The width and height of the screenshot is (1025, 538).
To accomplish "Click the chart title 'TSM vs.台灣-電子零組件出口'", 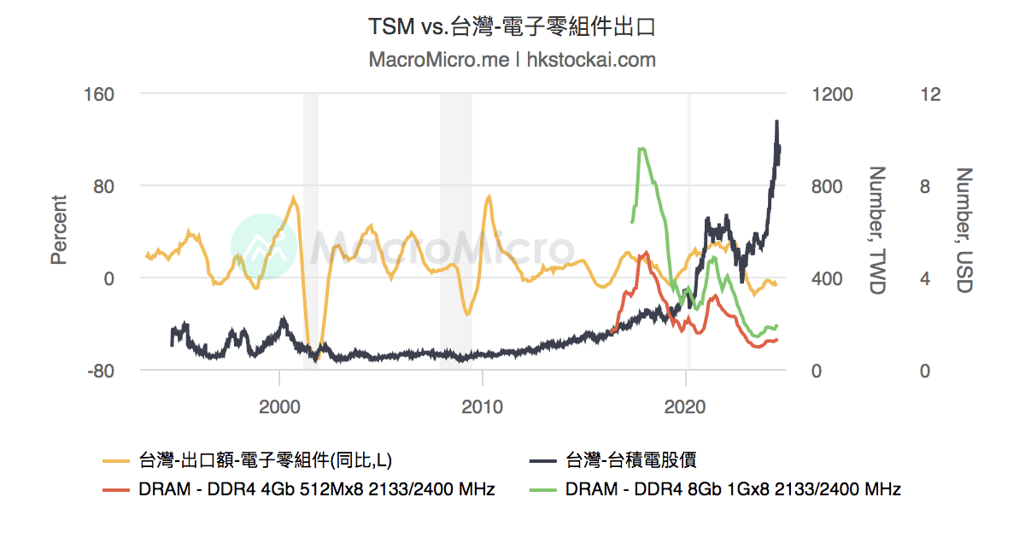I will (x=512, y=27).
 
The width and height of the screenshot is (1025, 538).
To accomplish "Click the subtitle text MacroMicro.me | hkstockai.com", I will (x=512, y=60).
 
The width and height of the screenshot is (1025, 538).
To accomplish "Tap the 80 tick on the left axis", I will (x=102, y=186).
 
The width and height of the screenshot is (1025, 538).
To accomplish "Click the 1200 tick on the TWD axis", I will (x=831, y=93).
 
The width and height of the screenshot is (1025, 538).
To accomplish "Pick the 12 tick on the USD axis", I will (x=930, y=93).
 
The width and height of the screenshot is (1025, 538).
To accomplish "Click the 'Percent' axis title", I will (x=58, y=231).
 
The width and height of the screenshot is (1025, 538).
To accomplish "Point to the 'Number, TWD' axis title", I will (x=877, y=231).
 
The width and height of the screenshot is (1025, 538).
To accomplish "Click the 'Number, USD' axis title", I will (x=964, y=231).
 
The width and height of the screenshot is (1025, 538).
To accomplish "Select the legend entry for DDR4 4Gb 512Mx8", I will (x=316, y=489).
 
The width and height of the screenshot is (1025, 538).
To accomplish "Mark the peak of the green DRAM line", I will (x=641, y=149).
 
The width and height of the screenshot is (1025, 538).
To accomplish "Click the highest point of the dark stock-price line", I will (x=776, y=121).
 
